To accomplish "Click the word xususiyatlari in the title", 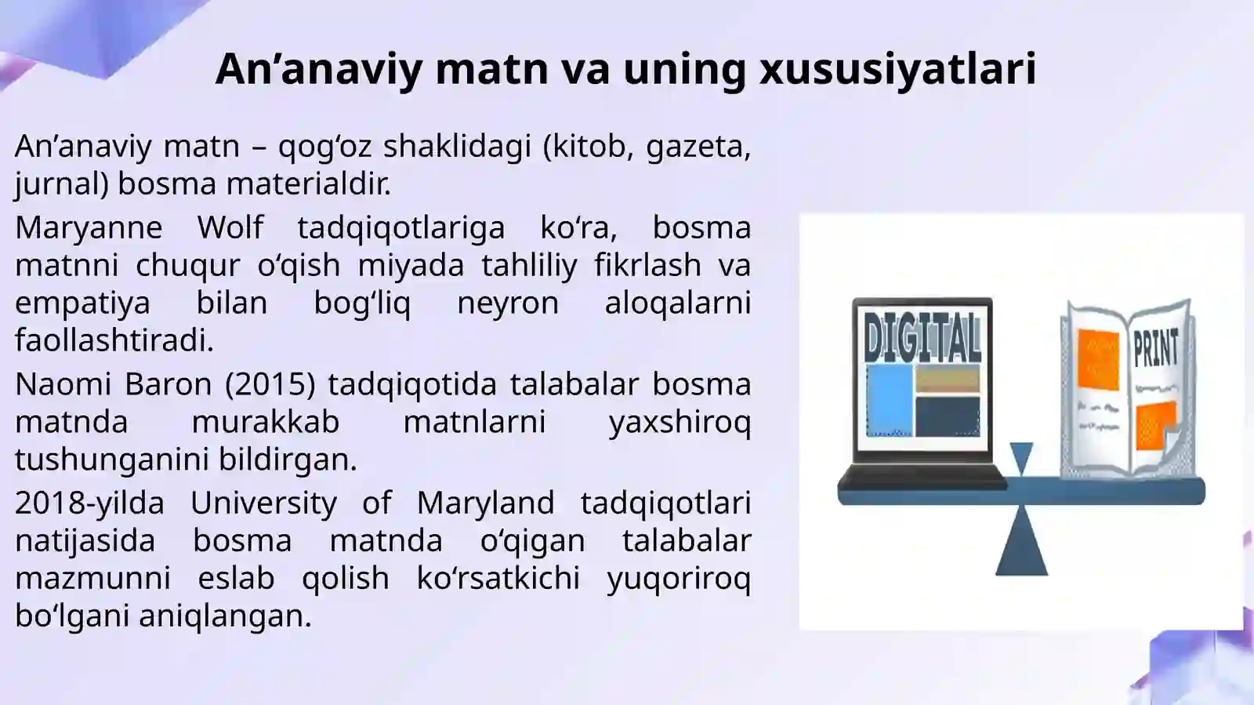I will click(897, 68).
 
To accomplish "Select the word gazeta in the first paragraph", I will click(698, 146).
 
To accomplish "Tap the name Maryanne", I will click(89, 227).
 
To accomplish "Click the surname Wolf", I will click(230, 227).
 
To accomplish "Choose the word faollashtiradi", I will click(114, 340).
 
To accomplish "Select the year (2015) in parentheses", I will click(270, 384).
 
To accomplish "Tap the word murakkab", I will click(265, 422).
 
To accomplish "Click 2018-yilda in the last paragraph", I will click(89, 503).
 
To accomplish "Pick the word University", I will click(263, 503).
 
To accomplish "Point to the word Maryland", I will click(485, 503).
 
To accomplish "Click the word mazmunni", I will click(92, 578).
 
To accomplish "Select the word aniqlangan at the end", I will click(225, 616).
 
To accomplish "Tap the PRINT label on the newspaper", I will click(1155, 347).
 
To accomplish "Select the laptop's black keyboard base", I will click(921, 476).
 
